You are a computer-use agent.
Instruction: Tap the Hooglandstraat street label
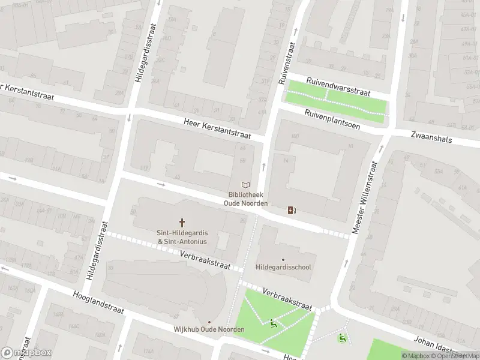(x=100, y=304)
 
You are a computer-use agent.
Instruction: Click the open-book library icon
(x=245, y=185)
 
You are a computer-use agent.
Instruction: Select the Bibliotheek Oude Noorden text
(x=245, y=199)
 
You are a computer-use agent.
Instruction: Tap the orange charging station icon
(x=292, y=210)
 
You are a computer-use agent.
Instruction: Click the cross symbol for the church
(x=182, y=223)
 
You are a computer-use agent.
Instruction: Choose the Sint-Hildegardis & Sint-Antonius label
(x=182, y=237)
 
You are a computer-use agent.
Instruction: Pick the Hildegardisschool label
(x=283, y=267)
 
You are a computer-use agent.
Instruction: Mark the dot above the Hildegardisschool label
(x=283, y=259)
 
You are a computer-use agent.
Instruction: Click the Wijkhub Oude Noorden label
(x=209, y=330)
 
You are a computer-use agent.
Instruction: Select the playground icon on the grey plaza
(x=343, y=338)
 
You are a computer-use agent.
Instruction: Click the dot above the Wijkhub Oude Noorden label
(x=209, y=322)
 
